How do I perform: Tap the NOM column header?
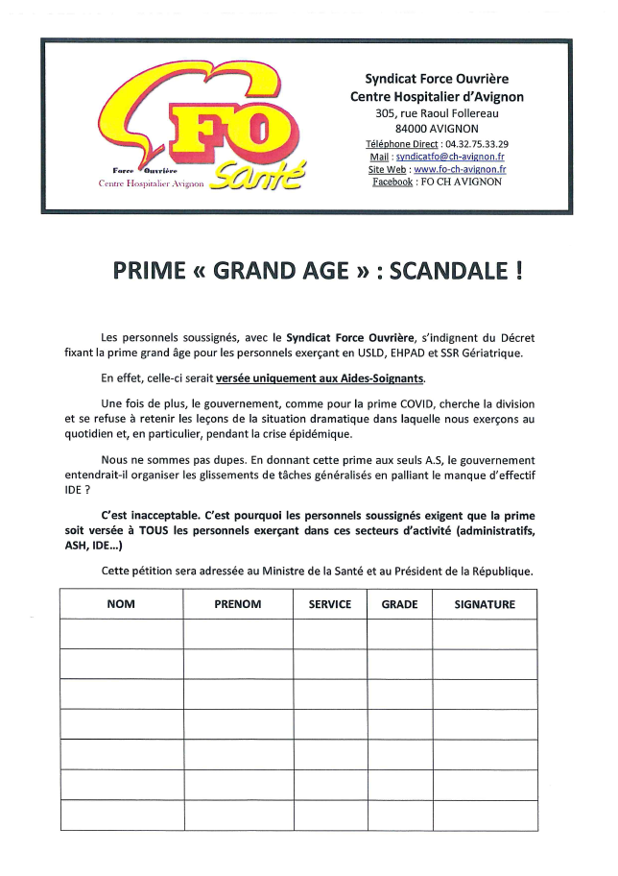121,604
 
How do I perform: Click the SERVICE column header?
330,604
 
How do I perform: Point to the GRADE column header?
399,604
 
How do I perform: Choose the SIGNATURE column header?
485,604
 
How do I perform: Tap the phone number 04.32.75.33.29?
477,143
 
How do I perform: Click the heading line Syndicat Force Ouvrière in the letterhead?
437,78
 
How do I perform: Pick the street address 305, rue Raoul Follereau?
437,113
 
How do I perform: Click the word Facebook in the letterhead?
392,182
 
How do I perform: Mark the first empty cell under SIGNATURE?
485,634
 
